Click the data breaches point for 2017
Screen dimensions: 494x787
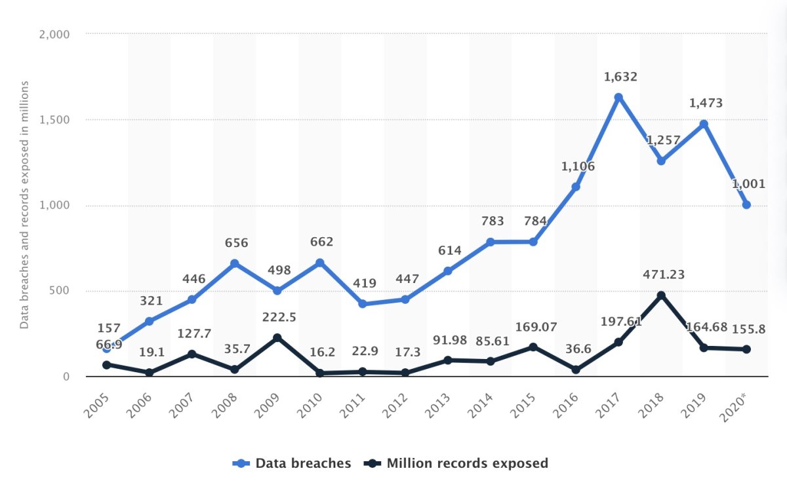click(618, 97)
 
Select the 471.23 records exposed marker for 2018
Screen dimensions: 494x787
click(661, 295)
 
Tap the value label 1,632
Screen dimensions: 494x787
click(620, 77)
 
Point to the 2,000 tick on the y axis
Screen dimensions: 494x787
click(56, 33)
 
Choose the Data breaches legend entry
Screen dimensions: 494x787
click(292, 463)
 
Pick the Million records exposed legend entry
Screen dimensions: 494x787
click(457, 463)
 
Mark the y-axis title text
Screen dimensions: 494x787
click(24, 205)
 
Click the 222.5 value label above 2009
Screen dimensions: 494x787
click(279, 317)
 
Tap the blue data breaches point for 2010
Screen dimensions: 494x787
click(320, 263)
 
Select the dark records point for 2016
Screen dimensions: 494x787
click(576, 370)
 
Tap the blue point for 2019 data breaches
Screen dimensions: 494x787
click(704, 124)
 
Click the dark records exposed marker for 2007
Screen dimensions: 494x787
click(192, 354)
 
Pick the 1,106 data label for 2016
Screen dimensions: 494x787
click(578, 166)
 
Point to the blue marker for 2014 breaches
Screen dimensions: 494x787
click(491, 242)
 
